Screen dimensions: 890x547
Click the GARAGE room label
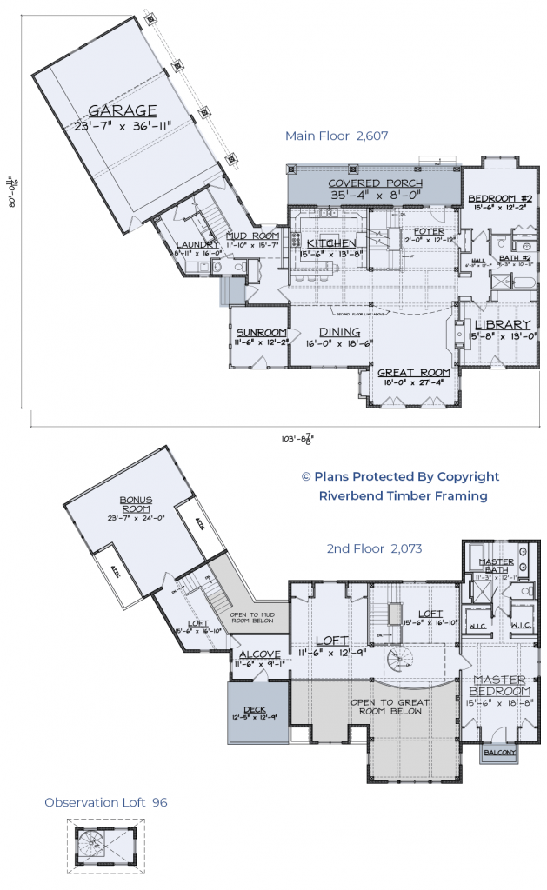(122, 110)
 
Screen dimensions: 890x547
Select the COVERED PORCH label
(375, 183)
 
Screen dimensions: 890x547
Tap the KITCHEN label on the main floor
(328, 242)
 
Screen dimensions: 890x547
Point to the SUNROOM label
(262, 332)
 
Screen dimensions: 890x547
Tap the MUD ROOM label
(252, 236)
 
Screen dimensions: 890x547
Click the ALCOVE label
(259, 654)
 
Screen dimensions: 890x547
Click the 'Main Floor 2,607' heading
(336, 136)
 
